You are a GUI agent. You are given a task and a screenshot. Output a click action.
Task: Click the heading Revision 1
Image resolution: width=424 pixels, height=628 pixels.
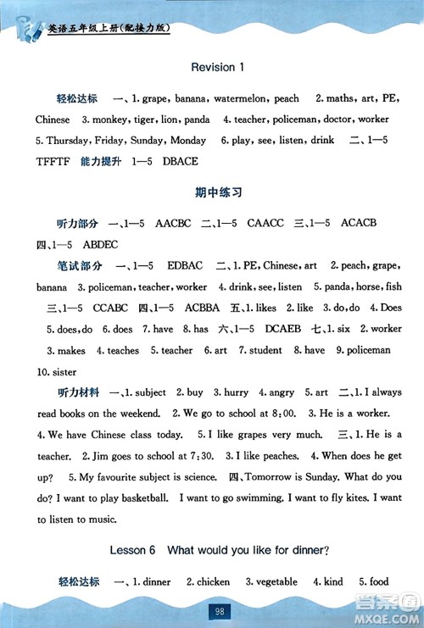[x=218, y=67]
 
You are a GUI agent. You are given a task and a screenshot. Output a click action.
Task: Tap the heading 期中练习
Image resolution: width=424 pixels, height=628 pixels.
[x=218, y=192]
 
